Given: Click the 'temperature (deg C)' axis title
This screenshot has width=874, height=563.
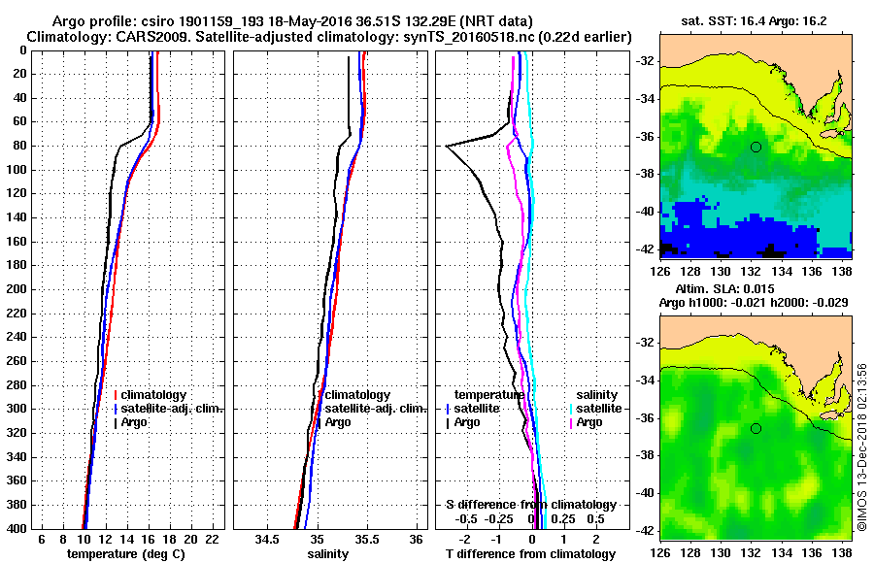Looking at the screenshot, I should click(125, 553).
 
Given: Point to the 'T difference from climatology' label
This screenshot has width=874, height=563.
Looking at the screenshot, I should click(531, 553).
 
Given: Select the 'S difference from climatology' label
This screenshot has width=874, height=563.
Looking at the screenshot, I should click(531, 505).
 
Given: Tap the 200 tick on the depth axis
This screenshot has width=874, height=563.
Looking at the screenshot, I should click(19, 289).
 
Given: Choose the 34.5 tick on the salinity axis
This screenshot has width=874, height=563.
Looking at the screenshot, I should click(267, 539).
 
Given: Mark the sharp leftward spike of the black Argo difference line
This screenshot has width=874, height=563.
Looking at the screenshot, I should click(447, 146).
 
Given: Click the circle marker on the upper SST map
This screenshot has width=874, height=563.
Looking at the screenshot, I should click(756, 147).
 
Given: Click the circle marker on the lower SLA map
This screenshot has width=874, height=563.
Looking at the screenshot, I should click(756, 428).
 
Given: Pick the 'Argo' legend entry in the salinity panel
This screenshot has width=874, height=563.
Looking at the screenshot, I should click(339, 422).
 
